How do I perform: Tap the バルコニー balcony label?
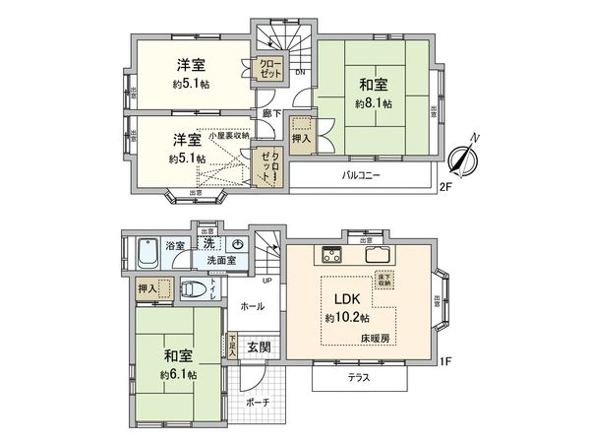pyautogui.click(x=361, y=176)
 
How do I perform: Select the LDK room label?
pyautogui.click(x=347, y=300)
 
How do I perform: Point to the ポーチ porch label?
pyautogui.click(x=259, y=403)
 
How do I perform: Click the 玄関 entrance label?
pyautogui.click(x=260, y=347)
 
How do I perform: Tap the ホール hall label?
pyautogui.click(x=252, y=307)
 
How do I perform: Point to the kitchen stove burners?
pyautogui.click(x=327, y=256)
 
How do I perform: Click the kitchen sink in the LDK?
pyautogui.click(x=379, y=256)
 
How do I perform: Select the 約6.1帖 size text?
pyautogui.click(x=178, y=374)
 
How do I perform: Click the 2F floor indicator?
pyautogui.click(x=443, y=185)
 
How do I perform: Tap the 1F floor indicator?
pyautogui.click(x=443, y=361)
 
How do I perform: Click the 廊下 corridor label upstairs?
pyautogui.click(x=273, y=113)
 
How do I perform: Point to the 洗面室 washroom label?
pyautogui.click(x=221, y=261)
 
